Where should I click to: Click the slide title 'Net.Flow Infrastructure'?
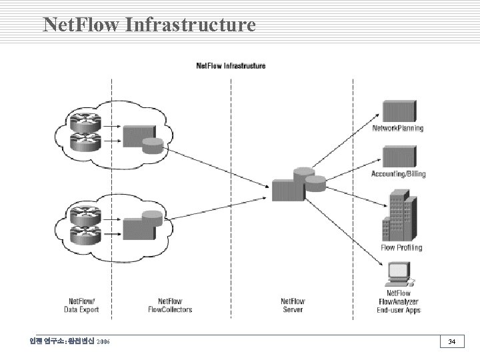tap(149, 25)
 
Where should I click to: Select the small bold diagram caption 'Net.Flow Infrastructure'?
tap(231, 65)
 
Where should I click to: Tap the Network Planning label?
tap(397, 128)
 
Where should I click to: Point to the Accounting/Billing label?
tap(398, 174)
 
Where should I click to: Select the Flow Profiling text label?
tap(401, 247)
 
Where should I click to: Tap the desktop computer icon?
tap(400, 273)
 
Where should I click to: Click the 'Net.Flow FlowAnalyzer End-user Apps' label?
tap(399, 301)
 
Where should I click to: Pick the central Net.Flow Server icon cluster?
tap(297, 183)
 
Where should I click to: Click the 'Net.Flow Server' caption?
tap(292, 305)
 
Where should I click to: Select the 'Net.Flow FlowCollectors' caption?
tap(170, 305)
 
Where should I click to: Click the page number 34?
tap(451, 342)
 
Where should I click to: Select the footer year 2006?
tap(103, 342)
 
